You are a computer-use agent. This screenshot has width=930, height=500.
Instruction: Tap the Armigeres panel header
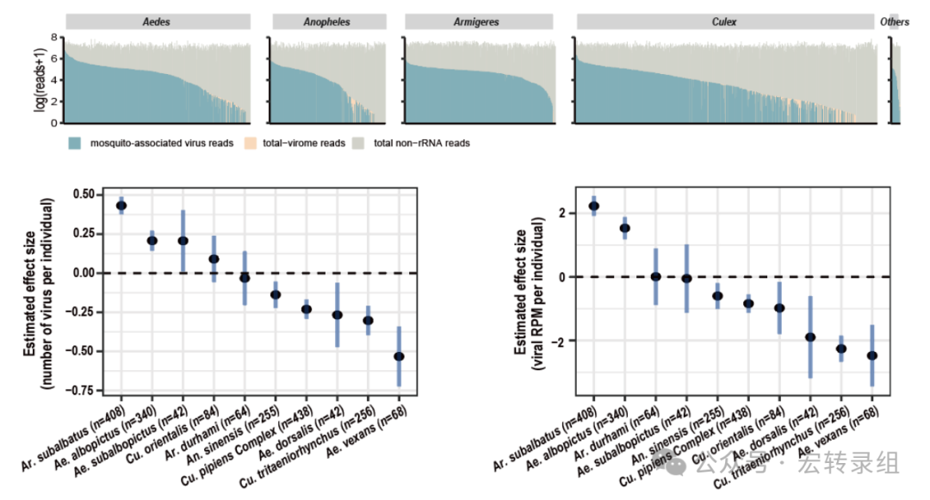point(475,22)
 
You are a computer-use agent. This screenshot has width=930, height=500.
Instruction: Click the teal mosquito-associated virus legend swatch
point(75,143)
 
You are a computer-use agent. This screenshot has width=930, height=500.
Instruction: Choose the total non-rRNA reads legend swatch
point(360,143)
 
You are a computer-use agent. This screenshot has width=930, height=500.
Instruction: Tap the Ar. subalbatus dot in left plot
point(121,206)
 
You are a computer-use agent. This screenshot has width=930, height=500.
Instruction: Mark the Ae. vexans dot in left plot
point(399,356)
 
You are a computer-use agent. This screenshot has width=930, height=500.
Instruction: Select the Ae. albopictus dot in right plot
point(625,228)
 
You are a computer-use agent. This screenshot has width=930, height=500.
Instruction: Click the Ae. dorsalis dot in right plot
point(810,337)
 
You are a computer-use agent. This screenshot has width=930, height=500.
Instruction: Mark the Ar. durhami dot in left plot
point(245,278)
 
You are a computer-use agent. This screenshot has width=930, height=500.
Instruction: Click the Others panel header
point(894,22)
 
